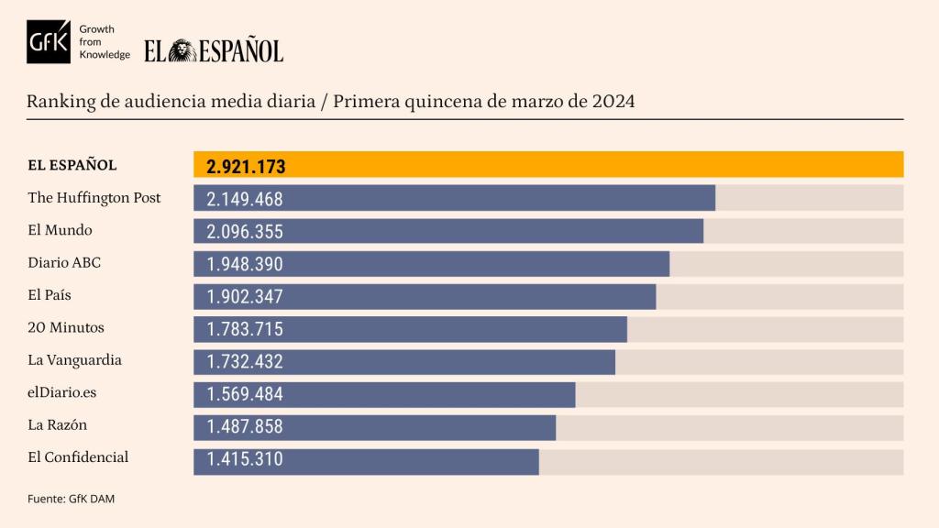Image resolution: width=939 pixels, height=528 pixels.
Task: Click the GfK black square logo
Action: [x=49, y=42]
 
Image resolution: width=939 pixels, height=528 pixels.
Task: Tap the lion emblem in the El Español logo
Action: [x=182, y=50]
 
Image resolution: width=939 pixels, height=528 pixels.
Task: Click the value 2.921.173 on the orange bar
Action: [x=246, y=167]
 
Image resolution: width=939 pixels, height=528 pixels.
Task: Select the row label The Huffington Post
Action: [x=94, y=197]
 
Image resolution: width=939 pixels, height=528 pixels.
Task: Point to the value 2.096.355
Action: [x=245, y=232]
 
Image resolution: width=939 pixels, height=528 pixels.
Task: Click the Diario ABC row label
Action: [x=64, y=262]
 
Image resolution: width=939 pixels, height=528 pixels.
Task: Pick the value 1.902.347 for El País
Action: [x=245, y=297]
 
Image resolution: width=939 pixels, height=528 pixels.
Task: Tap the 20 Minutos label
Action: [x=66, y=327]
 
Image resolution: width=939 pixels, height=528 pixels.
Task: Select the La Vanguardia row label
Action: [x=75, y=359]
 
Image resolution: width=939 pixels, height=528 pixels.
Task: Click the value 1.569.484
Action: [x=245, y=395]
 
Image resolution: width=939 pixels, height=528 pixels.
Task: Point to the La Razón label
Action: [x=58, y=424]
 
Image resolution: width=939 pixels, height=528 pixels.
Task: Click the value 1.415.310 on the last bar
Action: [x=245, y=460]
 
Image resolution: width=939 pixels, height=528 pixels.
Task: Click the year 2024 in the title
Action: [x=612, y=100]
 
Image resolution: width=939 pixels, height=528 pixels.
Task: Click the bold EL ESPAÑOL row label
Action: [x=72, y=165]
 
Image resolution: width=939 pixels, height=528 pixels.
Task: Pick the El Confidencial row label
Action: [x=79, y=456]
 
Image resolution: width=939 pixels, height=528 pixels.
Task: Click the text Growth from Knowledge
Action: [x=105, y=42]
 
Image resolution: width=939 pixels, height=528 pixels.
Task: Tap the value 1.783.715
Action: [x=245, y=330]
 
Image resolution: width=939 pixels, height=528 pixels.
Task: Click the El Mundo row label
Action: [x=61, y=230]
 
